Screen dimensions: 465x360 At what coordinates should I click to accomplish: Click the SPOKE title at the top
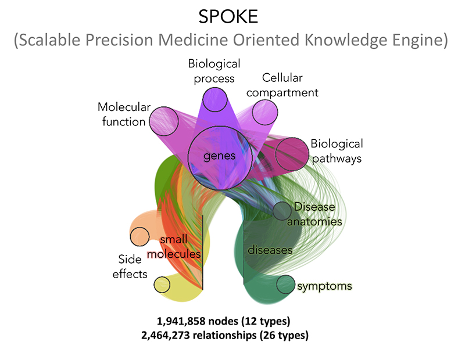coord(228,17)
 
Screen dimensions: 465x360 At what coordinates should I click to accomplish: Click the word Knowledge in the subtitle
coord(346,40)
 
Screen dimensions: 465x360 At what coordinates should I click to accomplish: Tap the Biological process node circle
coord(215,99)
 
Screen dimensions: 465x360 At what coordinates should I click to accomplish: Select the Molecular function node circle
coord(164,121)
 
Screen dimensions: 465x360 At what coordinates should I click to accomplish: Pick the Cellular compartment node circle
coord(265,113)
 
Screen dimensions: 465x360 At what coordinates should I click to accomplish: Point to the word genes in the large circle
coord(220,156)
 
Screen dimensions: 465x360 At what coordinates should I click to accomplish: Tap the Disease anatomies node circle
coord(282,211)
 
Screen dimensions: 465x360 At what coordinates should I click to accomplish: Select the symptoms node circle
coord(285,285)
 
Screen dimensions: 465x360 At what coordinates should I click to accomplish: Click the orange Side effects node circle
coord(139,237)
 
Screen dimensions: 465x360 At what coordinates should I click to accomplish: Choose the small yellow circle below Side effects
coord(162,285)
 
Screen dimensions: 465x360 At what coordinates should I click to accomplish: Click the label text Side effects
coord(130,267)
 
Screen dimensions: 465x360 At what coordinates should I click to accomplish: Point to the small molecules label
coord(174,247)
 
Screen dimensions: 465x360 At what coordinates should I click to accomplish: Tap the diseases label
coord(270,250)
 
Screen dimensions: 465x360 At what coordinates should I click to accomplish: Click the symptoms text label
coord(325,286)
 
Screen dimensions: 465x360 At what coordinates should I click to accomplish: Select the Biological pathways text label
coord(337,151)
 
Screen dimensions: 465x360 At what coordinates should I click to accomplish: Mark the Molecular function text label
coord(124,114)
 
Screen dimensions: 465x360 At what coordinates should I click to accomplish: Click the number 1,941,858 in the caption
coord(181,321)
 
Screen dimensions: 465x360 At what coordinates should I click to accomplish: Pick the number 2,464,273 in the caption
coord(166,335)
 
